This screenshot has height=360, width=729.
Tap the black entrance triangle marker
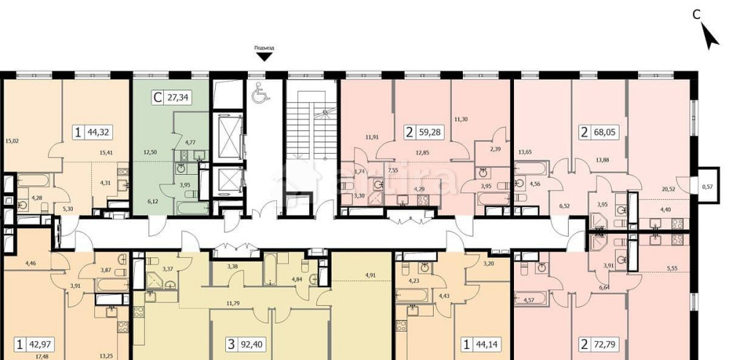264,66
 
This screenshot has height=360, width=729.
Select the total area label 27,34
179,98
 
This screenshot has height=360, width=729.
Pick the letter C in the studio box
157,98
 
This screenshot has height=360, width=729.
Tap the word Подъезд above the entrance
264,49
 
